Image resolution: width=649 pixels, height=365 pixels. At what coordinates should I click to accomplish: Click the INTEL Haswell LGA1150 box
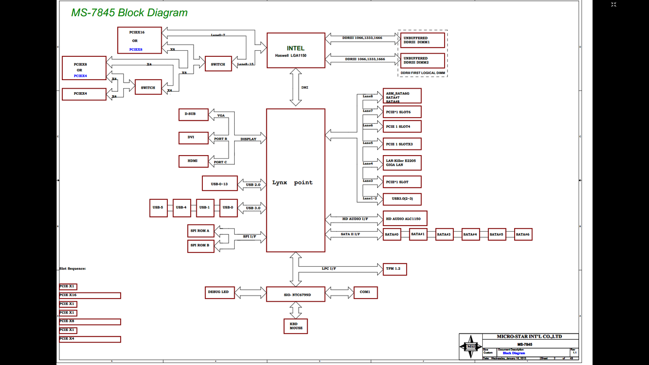pyautogui.click(x=296, y=50)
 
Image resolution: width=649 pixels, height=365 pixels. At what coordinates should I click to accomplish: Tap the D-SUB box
pyautogui.click(x=193, y=114)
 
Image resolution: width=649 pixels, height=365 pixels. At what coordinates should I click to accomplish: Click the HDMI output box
pyautogui.click(x=193, y=161)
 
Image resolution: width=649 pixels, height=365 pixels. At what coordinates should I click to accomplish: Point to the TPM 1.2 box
pyautogui.click(x=394, y=269)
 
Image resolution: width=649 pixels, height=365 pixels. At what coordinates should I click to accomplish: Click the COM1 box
pyautogui.click(x=365, y=293)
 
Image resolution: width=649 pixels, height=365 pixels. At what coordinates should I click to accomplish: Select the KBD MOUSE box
pyautogui.click(x=296, y=326)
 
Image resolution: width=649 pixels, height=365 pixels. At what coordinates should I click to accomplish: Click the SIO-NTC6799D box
pyautogui.click(x=296, y=294)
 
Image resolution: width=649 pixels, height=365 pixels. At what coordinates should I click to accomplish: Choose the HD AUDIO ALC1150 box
pyautogui.click(x=405, y=218)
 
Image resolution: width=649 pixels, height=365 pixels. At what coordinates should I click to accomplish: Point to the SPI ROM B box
pyautogui.click(x=201, y=246)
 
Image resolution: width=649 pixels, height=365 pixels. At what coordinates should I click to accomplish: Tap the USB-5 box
pyautogui.click(x=158, y=208)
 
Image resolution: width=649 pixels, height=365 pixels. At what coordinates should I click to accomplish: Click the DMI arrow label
pyautogui.click(x=305, y=88)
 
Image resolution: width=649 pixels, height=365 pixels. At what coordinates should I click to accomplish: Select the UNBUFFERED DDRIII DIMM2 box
pyautogui.click(x=422, y=61)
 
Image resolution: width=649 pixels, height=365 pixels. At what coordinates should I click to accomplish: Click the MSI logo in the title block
pyautogui.click(x=471, y=347)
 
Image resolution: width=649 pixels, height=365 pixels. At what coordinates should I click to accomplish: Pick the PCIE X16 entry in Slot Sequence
pyautogui.click(x=90, y=295)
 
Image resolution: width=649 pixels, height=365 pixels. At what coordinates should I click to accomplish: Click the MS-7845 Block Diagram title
pyautogui.click(x=129, y=13)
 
